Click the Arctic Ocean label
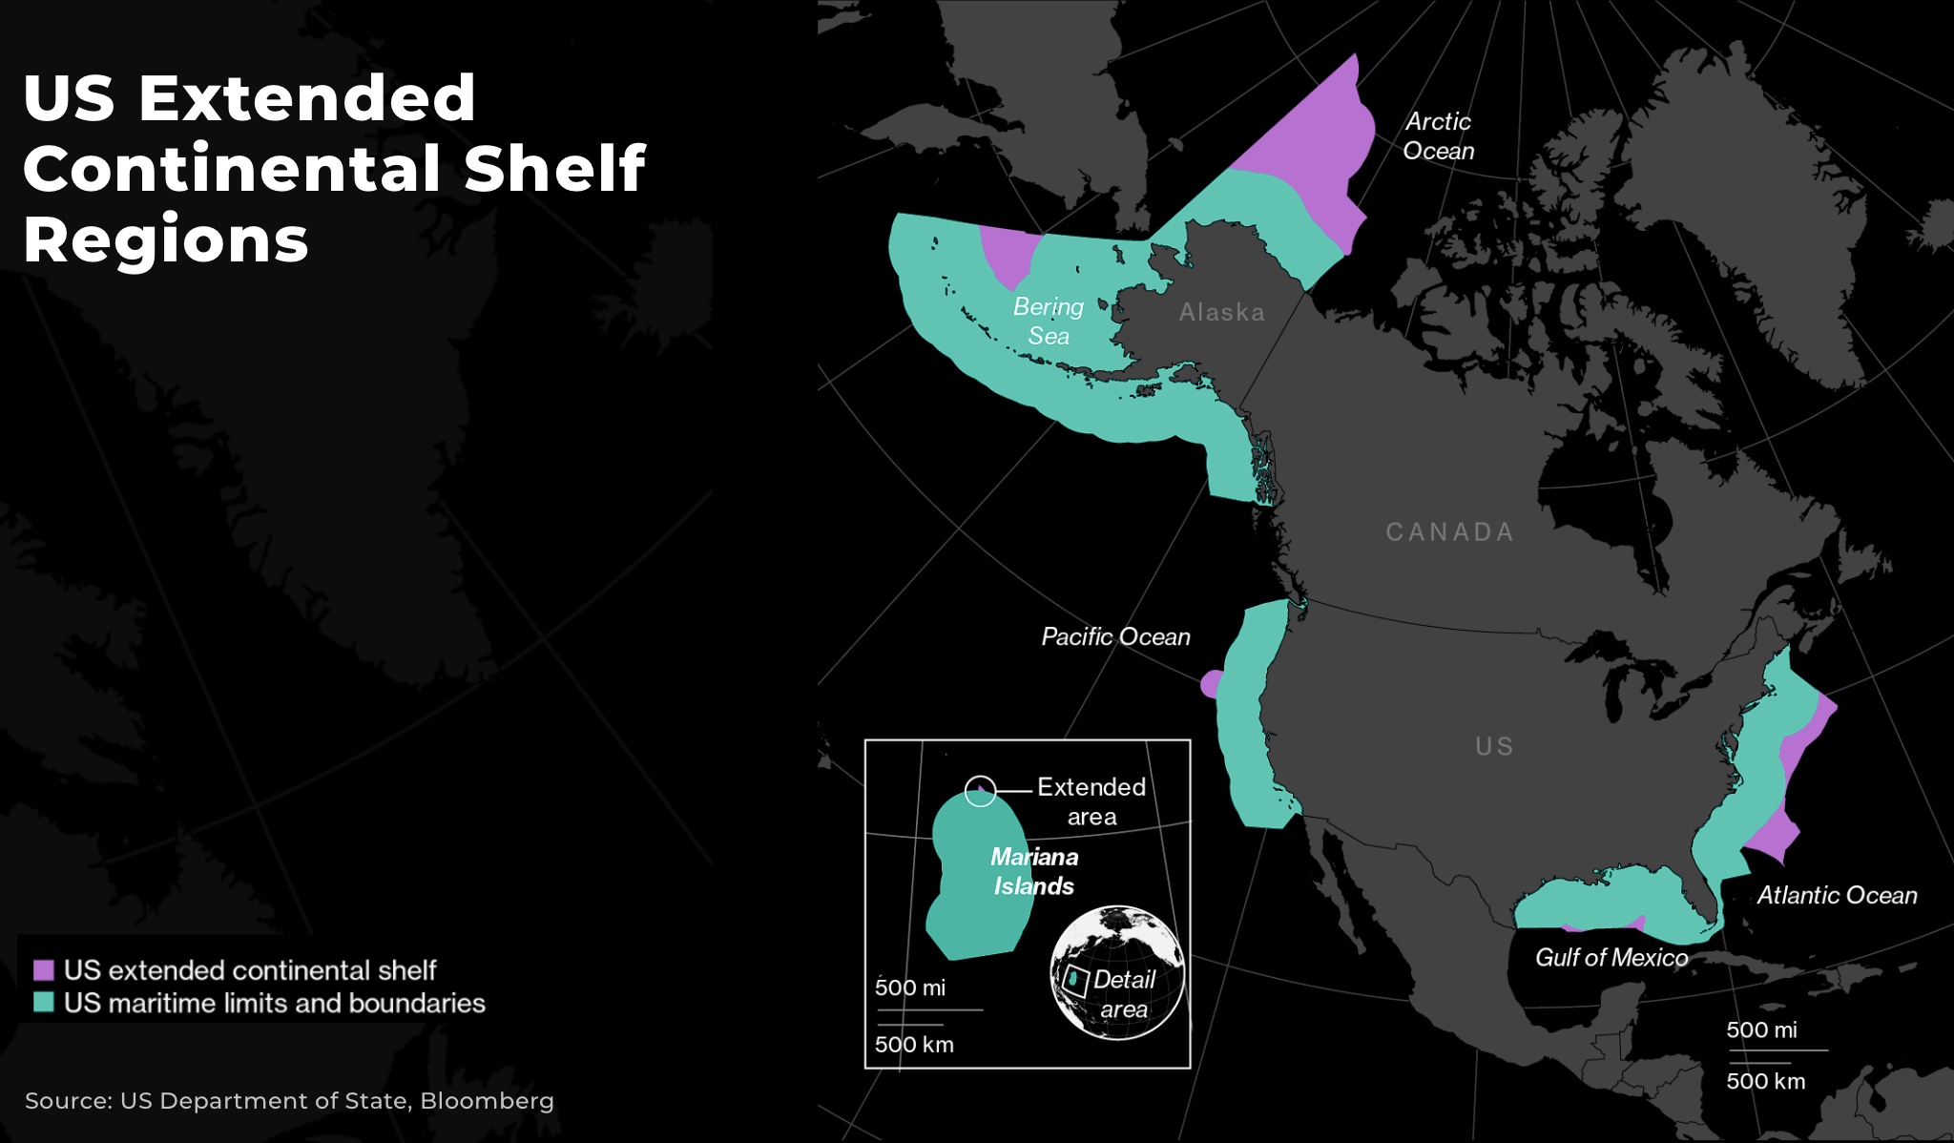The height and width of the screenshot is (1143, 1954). pos(1438,136)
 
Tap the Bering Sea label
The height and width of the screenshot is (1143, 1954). pos(1048,321)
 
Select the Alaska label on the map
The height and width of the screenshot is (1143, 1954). pos(1221,312)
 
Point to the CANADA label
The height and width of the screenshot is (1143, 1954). pos(1449,531)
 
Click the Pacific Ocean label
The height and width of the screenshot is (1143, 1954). pos(1115,636)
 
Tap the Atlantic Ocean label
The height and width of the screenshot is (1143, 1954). pos(1837,895)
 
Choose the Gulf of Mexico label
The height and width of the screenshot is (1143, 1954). pos(1611,957)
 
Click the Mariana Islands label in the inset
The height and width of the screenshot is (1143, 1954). pos(1034,871)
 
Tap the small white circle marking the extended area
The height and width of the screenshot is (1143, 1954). pos(980,791)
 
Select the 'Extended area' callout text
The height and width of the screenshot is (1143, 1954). pos(1091,801)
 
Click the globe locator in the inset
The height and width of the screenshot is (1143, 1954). pos(1117,972)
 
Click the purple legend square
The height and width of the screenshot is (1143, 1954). pos(44,970)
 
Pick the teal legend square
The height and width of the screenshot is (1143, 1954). pos(44,1003)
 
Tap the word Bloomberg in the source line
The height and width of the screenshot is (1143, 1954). pos(487,1100)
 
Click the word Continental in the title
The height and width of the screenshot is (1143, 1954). pos(233,168)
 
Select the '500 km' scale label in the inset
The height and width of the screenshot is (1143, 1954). pos(914,1044)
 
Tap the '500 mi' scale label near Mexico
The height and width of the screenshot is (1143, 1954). pos(1761,1029)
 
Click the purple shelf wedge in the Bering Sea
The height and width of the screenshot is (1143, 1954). pos(1008,252)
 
